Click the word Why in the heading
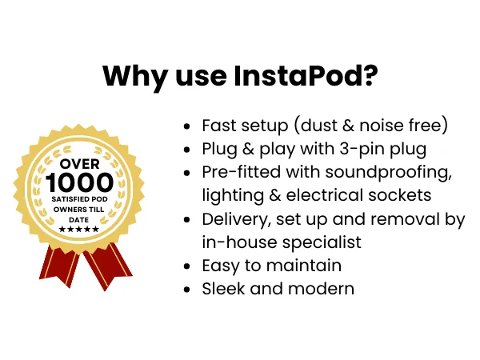click(135, 78)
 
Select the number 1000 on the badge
click(79, 182)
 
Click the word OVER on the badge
click(79, 164)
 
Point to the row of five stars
click(79, 230)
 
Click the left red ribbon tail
click(58, 265)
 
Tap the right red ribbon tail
click(108, 266)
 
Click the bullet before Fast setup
click(186, 126)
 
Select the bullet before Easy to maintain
click(186, 266)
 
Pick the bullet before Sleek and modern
click(186, 290)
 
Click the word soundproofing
click(389, 173)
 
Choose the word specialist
click(322, 242)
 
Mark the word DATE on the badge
click(79, 220)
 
